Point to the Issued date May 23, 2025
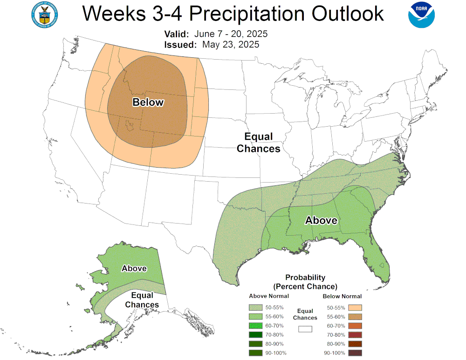point(231,45)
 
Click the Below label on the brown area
point(148,102)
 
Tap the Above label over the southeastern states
point(321,220)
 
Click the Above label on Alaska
point(134,268)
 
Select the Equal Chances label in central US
point(259,143)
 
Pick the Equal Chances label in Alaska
point(144,300)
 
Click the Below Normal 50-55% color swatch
point(355,307)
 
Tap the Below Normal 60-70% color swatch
point(355,326)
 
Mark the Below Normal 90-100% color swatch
point(355,353)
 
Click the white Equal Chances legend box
point(305,329)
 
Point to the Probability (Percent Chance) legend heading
point(305,282)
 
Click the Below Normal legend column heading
point(342,296)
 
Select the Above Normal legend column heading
point(269,296)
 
